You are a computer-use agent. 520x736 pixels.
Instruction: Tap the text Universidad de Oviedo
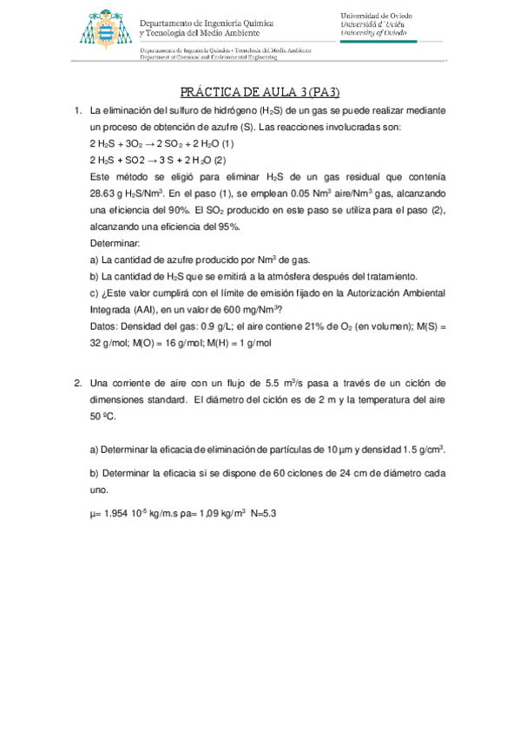coord(376,16)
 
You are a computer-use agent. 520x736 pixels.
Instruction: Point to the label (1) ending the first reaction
coord(228,143)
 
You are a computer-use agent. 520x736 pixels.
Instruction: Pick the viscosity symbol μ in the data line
coord(93,515)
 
